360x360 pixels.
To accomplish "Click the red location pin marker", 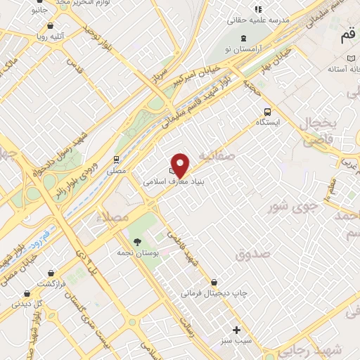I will click(181, 165).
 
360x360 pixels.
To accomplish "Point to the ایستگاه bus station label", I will click(267, 122).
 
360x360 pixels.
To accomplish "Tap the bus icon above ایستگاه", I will click(267, 111).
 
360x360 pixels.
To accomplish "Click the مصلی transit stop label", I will click(116, 170).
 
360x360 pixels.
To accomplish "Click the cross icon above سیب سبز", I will click(236, 330).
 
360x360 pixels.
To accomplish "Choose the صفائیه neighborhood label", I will click(214, 154).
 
